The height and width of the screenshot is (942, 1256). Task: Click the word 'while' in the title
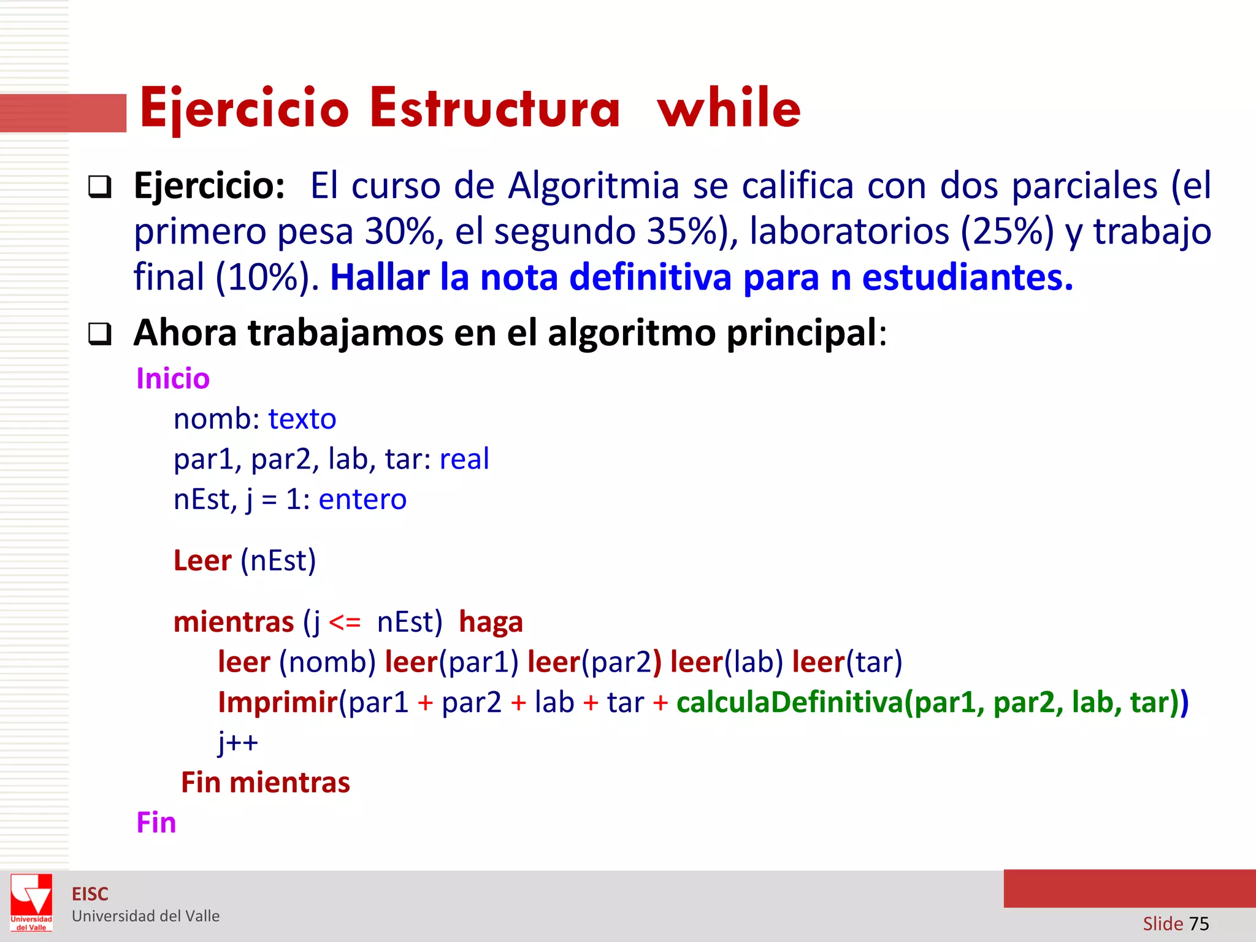pos(729,108)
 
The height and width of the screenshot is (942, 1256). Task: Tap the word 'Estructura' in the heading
pos(495,108)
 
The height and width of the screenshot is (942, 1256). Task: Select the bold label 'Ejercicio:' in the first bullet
pos(209,185)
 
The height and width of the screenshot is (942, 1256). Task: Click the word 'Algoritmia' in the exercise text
pos(593,185)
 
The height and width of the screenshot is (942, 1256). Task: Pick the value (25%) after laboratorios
pos(1007,232)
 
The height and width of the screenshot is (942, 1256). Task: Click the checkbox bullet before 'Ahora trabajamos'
pos(100,334)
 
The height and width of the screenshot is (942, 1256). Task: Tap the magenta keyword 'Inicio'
pos(173,378)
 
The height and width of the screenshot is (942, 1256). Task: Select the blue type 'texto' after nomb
pos(302,419)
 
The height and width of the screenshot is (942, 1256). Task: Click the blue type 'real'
pos(464,459)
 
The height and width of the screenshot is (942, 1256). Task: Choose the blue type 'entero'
pos(362,499)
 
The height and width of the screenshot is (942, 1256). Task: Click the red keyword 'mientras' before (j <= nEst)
pos(234,622)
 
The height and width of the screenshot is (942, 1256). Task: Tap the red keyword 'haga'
pos(491,622)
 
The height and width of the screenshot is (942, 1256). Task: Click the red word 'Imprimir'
pos(278,702)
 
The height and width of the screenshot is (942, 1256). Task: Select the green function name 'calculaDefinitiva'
pos(790,702)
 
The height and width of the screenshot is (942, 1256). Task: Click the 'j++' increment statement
pos(238,743)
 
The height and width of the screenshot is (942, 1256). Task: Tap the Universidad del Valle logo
pos(31,902)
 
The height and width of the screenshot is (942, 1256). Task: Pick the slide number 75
pos(1199,924)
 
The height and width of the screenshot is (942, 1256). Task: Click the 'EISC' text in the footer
pos(90,894)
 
